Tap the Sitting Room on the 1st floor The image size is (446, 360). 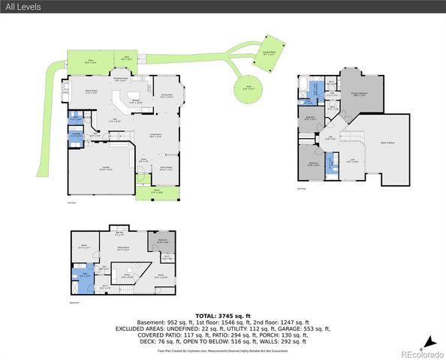coord(166,169)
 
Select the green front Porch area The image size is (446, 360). coord(158,192)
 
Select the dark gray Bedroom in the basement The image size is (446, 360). coord(163,241)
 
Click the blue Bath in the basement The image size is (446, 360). coord(87,274)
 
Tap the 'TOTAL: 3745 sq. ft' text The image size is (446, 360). coord(222,316)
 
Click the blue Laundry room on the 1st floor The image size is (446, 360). coord(75,136)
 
